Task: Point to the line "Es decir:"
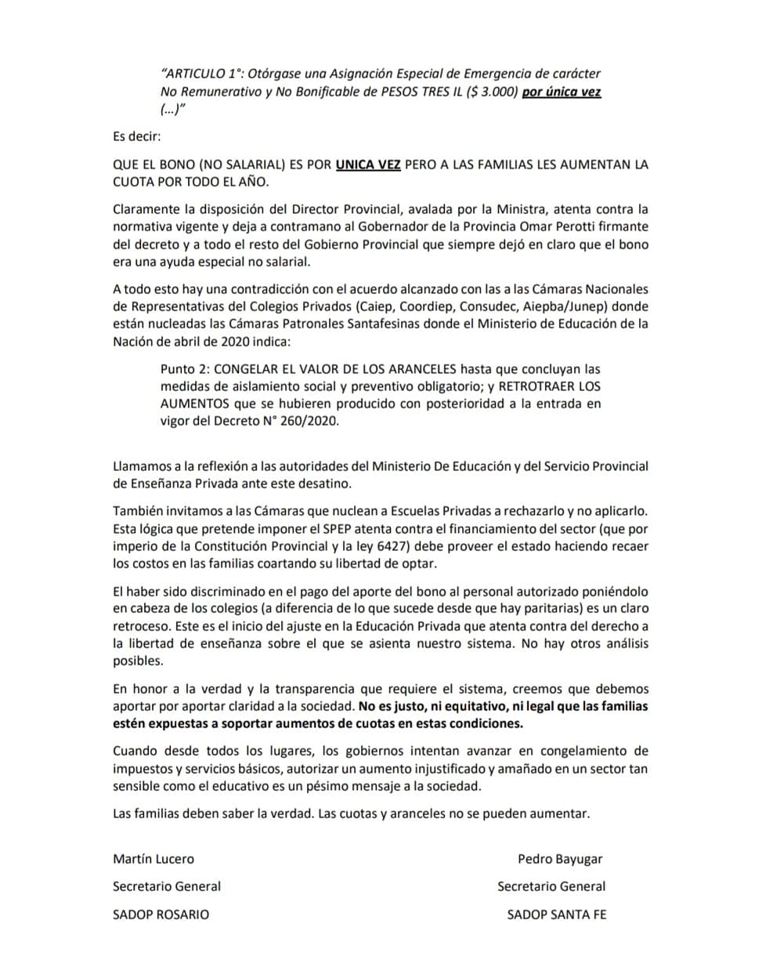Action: tap(136, 136)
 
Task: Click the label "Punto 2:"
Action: tap(185, 368)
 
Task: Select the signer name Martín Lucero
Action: tap(153, 858)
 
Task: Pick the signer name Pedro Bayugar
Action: tap(560, 858)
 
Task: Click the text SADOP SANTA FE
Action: tap(556, 914)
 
